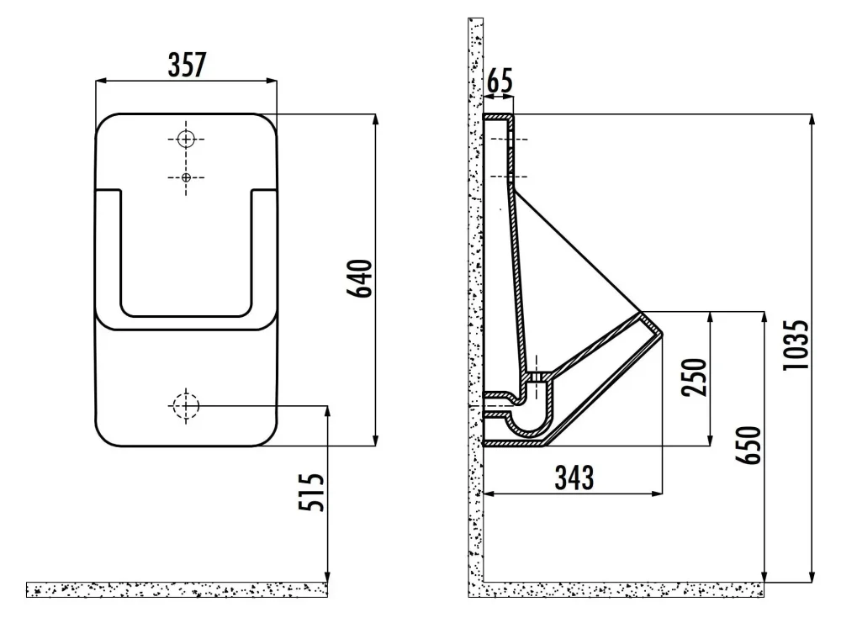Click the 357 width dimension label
[x=187, y=65]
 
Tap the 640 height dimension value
[x=360, y=279]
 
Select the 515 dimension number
[x=312, y=493]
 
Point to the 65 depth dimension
[x=500, y=81]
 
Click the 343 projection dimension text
[x=574, y=478]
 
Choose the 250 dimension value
[x=695, y=377]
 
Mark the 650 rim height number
[x=748, y=445]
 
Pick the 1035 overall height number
[x=796, y=345]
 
